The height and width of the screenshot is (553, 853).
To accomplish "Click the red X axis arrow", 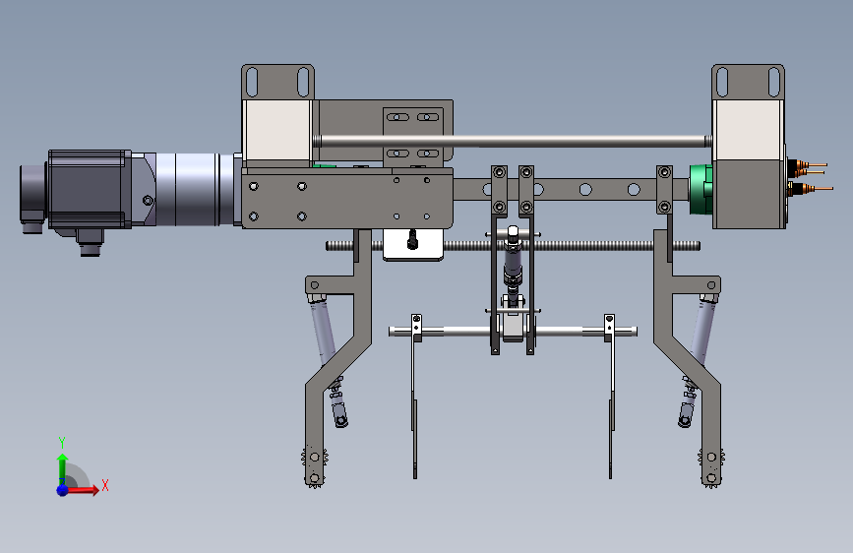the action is [82, 490].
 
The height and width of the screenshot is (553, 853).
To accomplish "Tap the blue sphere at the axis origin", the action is [63, 490].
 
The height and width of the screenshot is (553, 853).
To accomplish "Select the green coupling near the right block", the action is [701, 189].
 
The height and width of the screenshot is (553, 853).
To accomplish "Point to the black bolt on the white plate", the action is [412, 239].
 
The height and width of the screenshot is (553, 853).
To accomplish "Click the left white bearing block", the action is [277, 130].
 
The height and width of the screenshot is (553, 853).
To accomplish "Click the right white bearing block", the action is [749, 130].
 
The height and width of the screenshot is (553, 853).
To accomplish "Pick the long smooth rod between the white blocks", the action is [513, 141].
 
